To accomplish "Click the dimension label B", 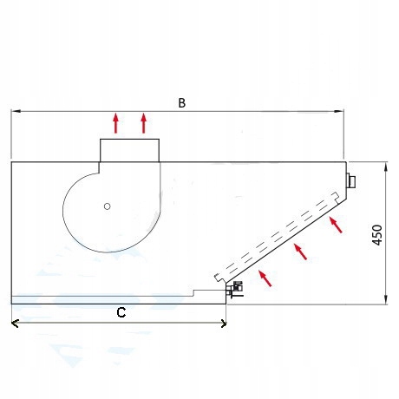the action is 181,103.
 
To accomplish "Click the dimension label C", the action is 121,312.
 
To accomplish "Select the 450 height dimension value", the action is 377,235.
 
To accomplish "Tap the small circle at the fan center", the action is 108,206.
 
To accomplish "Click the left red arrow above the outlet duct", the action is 116,123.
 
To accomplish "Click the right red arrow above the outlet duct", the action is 144,123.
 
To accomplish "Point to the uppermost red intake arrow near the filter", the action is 336,225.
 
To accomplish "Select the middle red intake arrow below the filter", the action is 300,252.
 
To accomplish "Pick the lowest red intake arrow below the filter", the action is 265,278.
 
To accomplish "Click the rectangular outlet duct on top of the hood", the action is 129,150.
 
